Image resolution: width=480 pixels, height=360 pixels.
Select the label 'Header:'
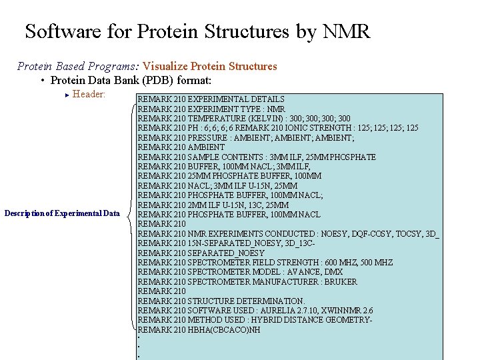89,94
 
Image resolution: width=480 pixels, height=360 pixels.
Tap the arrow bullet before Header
67,95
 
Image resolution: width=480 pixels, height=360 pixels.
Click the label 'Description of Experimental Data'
62,213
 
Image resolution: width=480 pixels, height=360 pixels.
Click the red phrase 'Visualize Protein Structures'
210,66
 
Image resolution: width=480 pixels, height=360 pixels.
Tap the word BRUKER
340,282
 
